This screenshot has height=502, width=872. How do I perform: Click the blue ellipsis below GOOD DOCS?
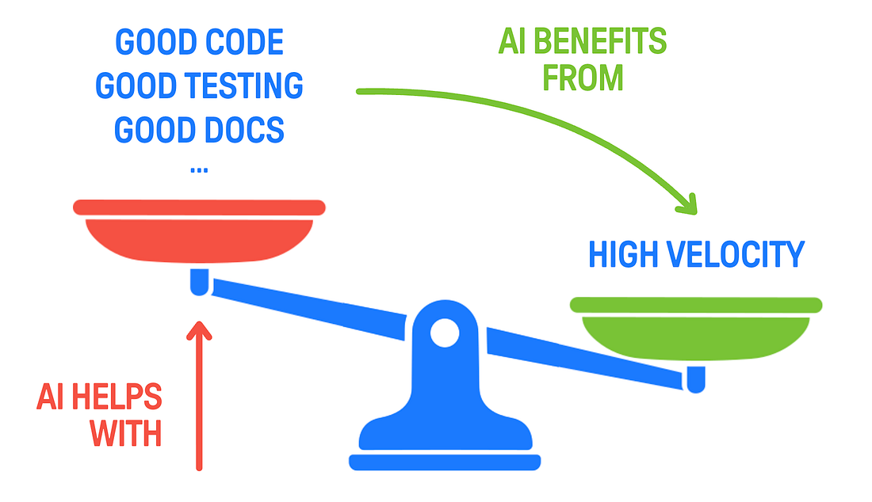199,169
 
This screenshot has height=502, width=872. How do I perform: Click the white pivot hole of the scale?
444,333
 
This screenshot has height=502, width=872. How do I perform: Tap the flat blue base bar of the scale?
444,462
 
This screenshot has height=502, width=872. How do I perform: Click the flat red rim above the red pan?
198,207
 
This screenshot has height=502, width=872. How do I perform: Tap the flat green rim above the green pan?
696,305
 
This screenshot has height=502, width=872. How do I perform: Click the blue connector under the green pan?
696,379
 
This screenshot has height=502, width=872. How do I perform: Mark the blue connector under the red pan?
199,281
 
